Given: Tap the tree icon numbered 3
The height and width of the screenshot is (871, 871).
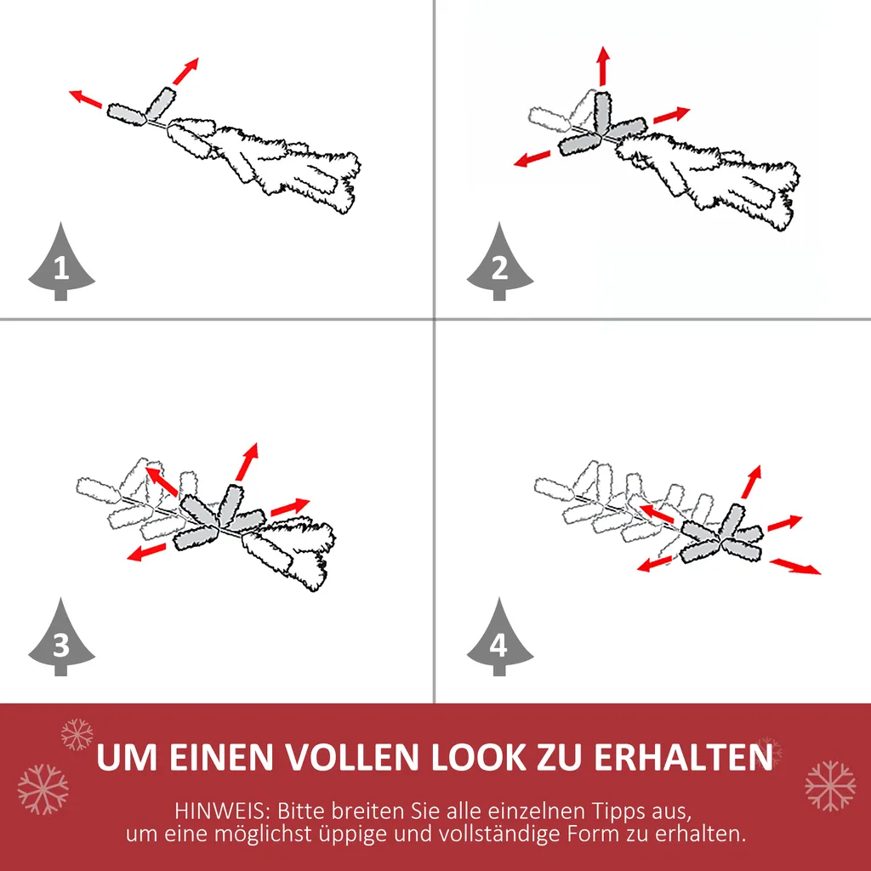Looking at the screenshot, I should [61, 640].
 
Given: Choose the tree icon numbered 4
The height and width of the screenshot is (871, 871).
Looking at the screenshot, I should [499, 640].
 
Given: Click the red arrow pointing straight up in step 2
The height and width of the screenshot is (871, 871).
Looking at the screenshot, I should [603, 66].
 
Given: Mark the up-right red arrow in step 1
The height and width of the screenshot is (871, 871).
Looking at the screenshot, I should [185, 71].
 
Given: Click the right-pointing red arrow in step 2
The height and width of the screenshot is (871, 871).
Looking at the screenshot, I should [671, 115].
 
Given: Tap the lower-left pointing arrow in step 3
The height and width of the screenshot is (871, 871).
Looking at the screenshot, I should [147, 553].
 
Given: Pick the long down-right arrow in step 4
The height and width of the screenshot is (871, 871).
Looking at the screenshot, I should [795, 566].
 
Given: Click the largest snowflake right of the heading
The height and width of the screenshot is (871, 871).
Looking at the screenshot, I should [830, 785].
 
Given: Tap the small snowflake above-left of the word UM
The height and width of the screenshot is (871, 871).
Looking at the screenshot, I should [77, 733].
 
